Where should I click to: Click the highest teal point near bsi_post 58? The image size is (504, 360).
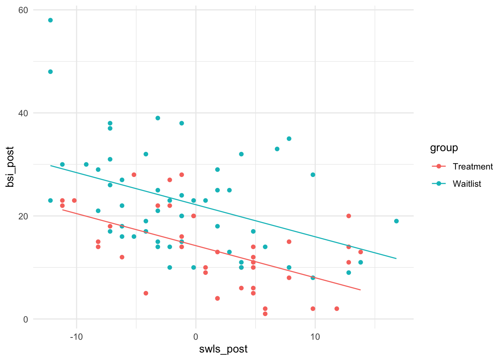point(50,20)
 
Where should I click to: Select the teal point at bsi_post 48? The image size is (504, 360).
point(50,72)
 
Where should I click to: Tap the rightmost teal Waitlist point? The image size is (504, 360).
point(396,221)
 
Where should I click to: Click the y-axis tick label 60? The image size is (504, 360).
point(23,10)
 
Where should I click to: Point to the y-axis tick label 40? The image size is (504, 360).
point(23,113)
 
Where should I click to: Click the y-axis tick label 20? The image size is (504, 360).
point(23,216)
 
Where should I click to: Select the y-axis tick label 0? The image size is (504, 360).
point(25,319)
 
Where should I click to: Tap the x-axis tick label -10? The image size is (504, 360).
point(76,337)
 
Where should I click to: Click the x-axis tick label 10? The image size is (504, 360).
point(315,337)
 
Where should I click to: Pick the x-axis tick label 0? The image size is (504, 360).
point(196,337)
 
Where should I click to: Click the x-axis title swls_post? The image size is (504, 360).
point(223,349)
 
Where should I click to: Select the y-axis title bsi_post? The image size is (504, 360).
point(10,167)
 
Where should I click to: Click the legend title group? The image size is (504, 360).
point(444,148)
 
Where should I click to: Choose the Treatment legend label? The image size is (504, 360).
point(472,166)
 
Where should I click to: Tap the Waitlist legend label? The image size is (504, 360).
point(467,184)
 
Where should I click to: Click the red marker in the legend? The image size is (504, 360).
point(438,166)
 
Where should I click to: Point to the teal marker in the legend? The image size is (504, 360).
point(438,184)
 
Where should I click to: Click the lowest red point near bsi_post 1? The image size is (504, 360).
point(265,314)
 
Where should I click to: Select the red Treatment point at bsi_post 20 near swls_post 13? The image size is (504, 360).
point(349,216)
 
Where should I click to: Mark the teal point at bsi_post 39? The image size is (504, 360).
point(158,118)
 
